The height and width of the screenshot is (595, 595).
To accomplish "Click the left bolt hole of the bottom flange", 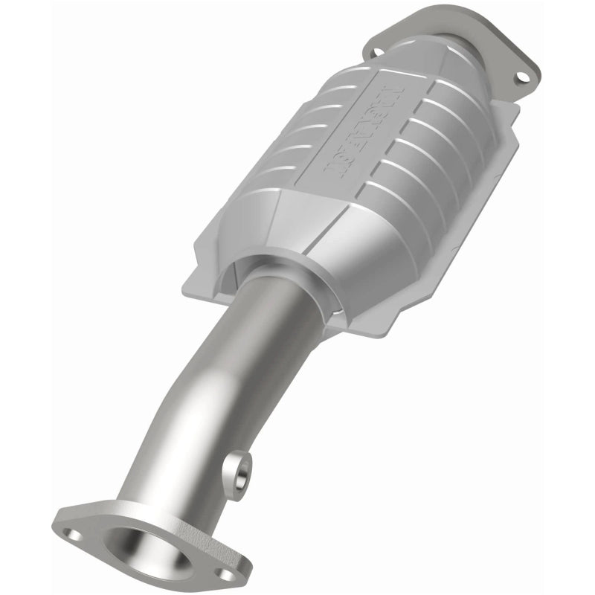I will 72,533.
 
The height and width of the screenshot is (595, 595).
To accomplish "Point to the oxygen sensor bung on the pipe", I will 240,469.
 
